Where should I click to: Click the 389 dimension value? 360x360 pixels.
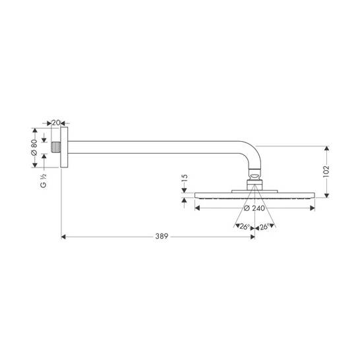(x=162, y=236)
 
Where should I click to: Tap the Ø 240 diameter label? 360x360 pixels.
(x=255, y=208)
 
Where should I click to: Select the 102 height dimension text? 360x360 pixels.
(x=326, y=171)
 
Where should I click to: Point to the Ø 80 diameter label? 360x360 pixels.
(x=34, y=148)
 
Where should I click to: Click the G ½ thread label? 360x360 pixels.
(x=44, y=181)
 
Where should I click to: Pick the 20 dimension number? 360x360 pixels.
(x=56, y=123)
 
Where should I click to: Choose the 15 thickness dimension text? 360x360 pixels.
(x=185, y=178)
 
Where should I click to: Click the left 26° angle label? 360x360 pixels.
(x=245, y=227)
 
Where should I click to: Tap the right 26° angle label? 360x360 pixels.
(x=264, y=227)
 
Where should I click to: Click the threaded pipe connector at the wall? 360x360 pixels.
(x=56, y=147)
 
